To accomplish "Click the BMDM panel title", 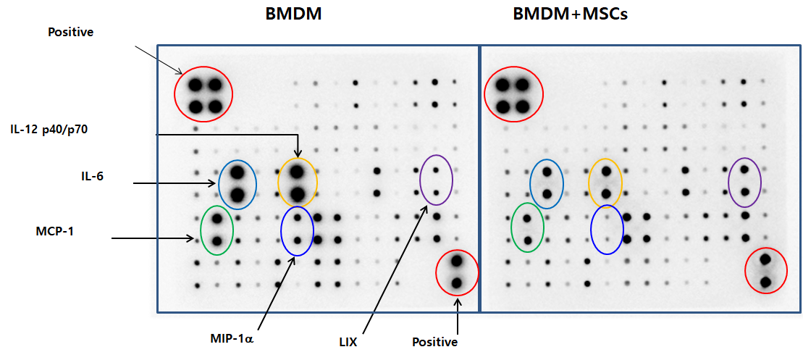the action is tap(293, 14).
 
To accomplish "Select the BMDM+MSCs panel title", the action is tap(571, 14).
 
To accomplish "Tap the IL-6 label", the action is tap(88, 177).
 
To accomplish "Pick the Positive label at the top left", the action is tap(71, 33).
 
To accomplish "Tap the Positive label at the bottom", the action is tap(434, 342).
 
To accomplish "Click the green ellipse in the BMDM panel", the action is tap(201, 230).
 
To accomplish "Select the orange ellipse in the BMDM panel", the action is tap(279, 182).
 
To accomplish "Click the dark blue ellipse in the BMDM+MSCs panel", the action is tap(592, 230).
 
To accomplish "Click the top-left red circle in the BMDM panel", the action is tap(175, 93).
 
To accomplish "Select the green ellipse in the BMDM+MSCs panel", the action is tap(512, 227).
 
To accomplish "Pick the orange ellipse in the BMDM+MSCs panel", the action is tap(589, 181).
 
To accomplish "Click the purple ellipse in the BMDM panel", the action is tap(420, 180).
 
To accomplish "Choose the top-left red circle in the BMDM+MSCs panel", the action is tap(485, 93).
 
